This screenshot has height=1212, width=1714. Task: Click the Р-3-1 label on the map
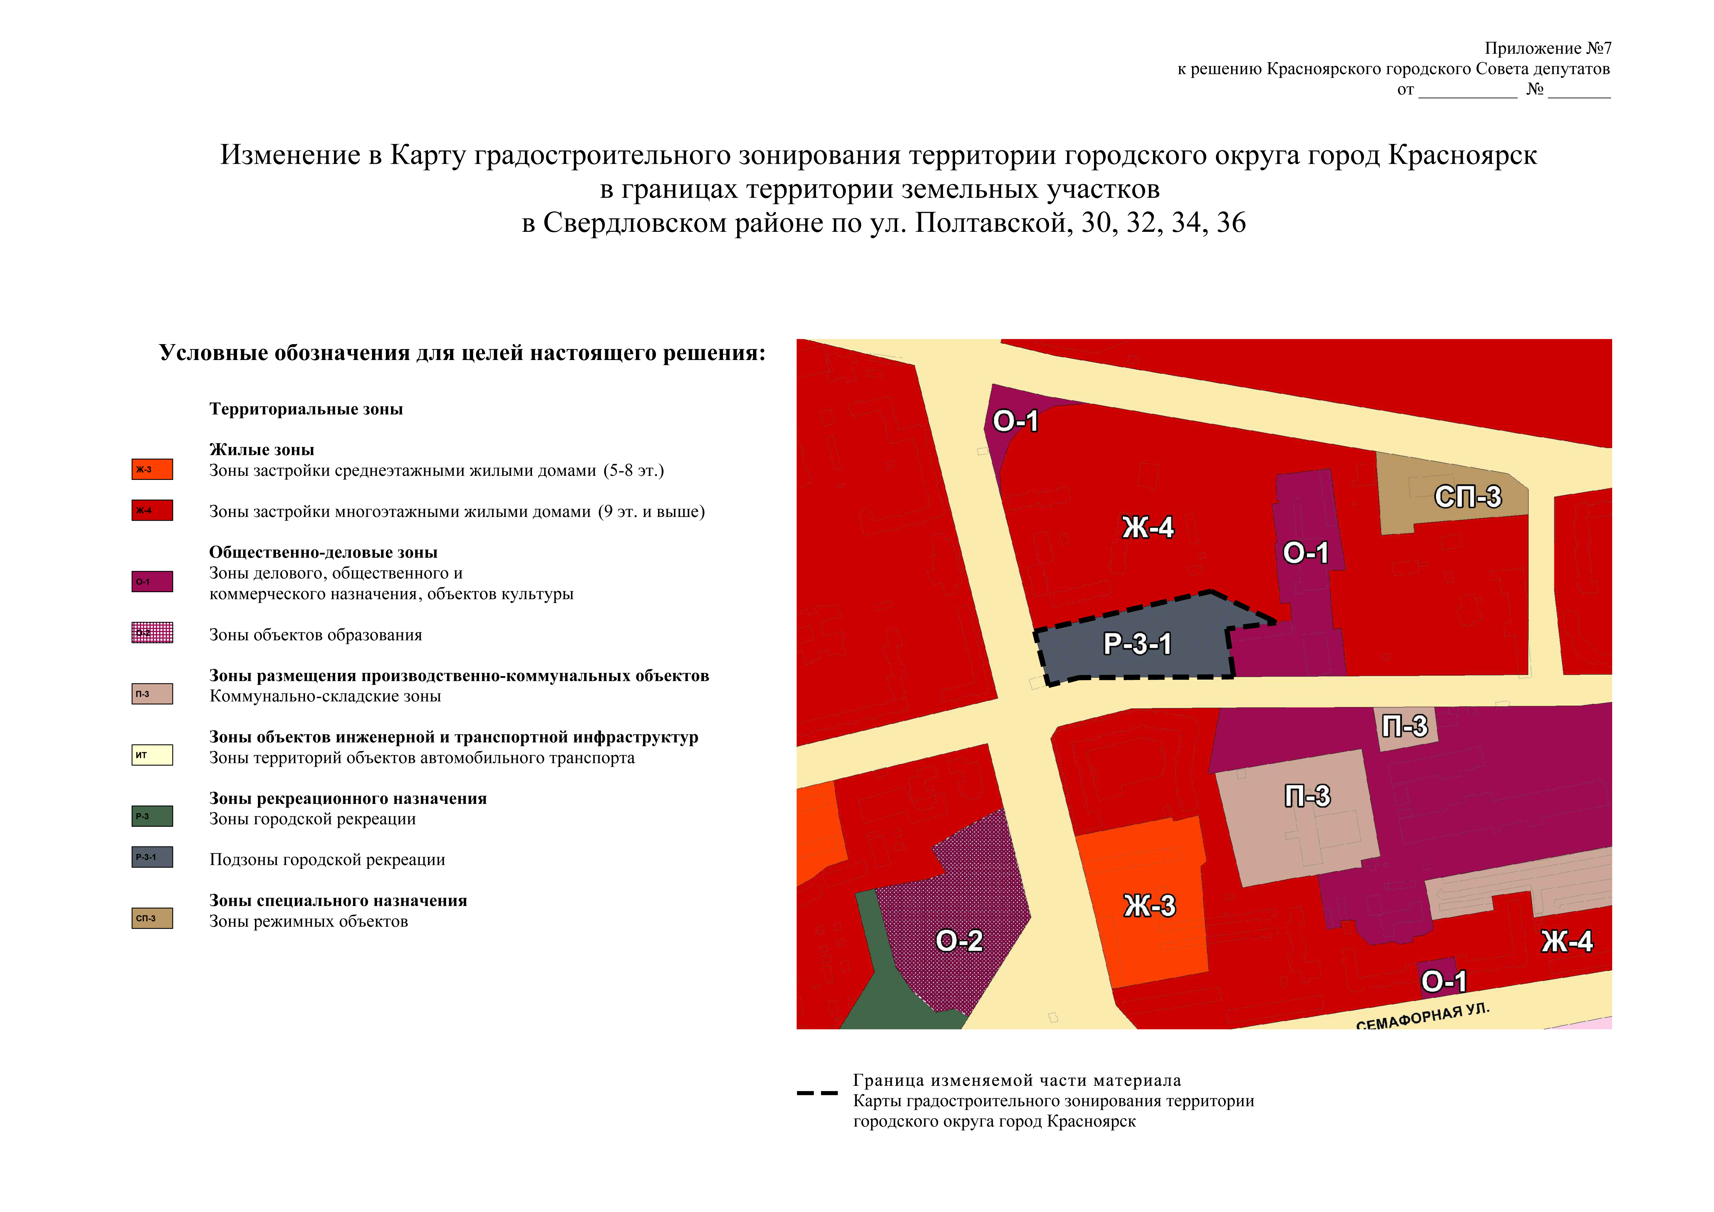click(1137, 644)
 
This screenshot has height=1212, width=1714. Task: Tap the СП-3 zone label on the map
click(1468, 496)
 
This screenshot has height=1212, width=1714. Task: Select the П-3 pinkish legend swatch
click(152, 694)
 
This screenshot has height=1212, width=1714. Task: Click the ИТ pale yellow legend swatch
click(152, 755)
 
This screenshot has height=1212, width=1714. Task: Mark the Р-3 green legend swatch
click(152, 816)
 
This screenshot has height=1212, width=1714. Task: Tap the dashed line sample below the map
click(817, 1093)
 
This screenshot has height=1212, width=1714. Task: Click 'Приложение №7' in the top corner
click(1548, 48)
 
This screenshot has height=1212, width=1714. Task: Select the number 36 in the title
click(1231, 223)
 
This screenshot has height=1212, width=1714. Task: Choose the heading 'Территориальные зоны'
click(306, 409)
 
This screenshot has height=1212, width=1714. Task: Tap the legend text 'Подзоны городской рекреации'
click(327, 860)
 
